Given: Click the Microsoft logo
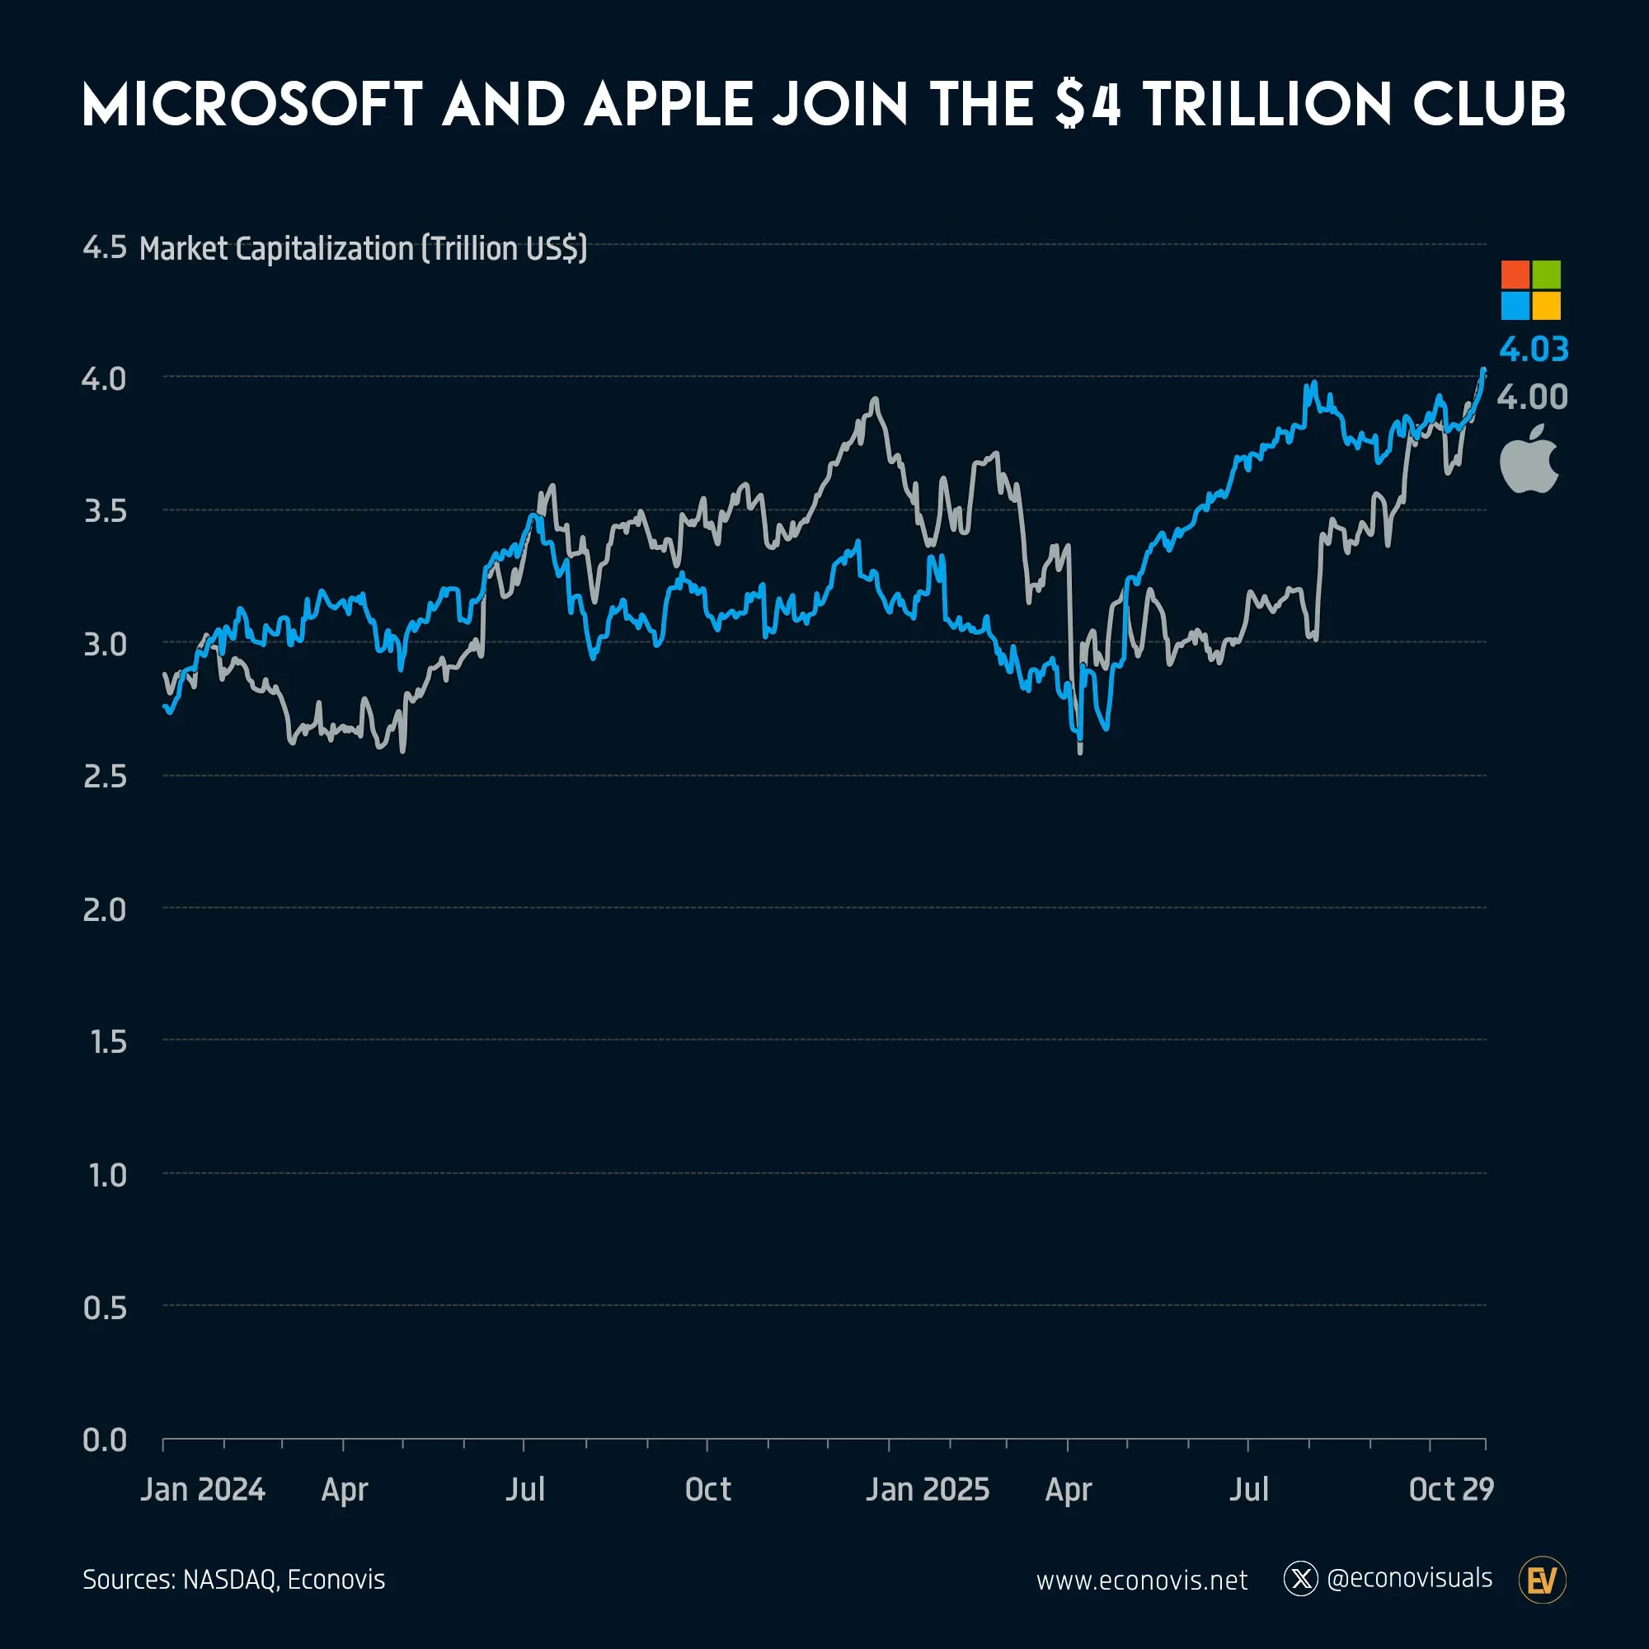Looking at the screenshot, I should (x=1530, y=290).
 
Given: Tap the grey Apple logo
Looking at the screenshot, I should (x=1529, y=459).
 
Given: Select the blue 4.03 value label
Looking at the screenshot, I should (x=1533, y=349).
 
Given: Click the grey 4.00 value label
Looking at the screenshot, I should (x=1532, y=397).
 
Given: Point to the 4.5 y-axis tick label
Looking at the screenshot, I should (x=104, y=247).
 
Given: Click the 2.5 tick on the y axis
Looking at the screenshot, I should (x=104, y=777).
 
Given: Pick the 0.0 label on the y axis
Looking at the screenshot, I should (x=104, y=1440).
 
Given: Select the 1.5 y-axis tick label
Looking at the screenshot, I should (x=107, y=1042).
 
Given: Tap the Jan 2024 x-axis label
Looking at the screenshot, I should (x=202, y=1489).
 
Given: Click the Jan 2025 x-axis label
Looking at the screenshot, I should (x=927, y=1489).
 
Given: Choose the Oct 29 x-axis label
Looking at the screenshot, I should (x=1451, y=1489).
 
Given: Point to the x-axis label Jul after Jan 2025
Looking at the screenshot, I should (x=1247, y=1489).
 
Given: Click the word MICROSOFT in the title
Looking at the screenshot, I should (x=252, y=105).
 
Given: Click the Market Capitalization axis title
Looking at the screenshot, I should (x=363, y=248).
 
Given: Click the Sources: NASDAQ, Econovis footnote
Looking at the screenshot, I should (x=234, y=1580).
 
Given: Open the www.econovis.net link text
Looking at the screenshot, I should (x=1141, y=1581).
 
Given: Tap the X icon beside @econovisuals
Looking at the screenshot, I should (x=1300, y=1579).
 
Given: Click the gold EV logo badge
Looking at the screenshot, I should (x=1543, y=1581).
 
